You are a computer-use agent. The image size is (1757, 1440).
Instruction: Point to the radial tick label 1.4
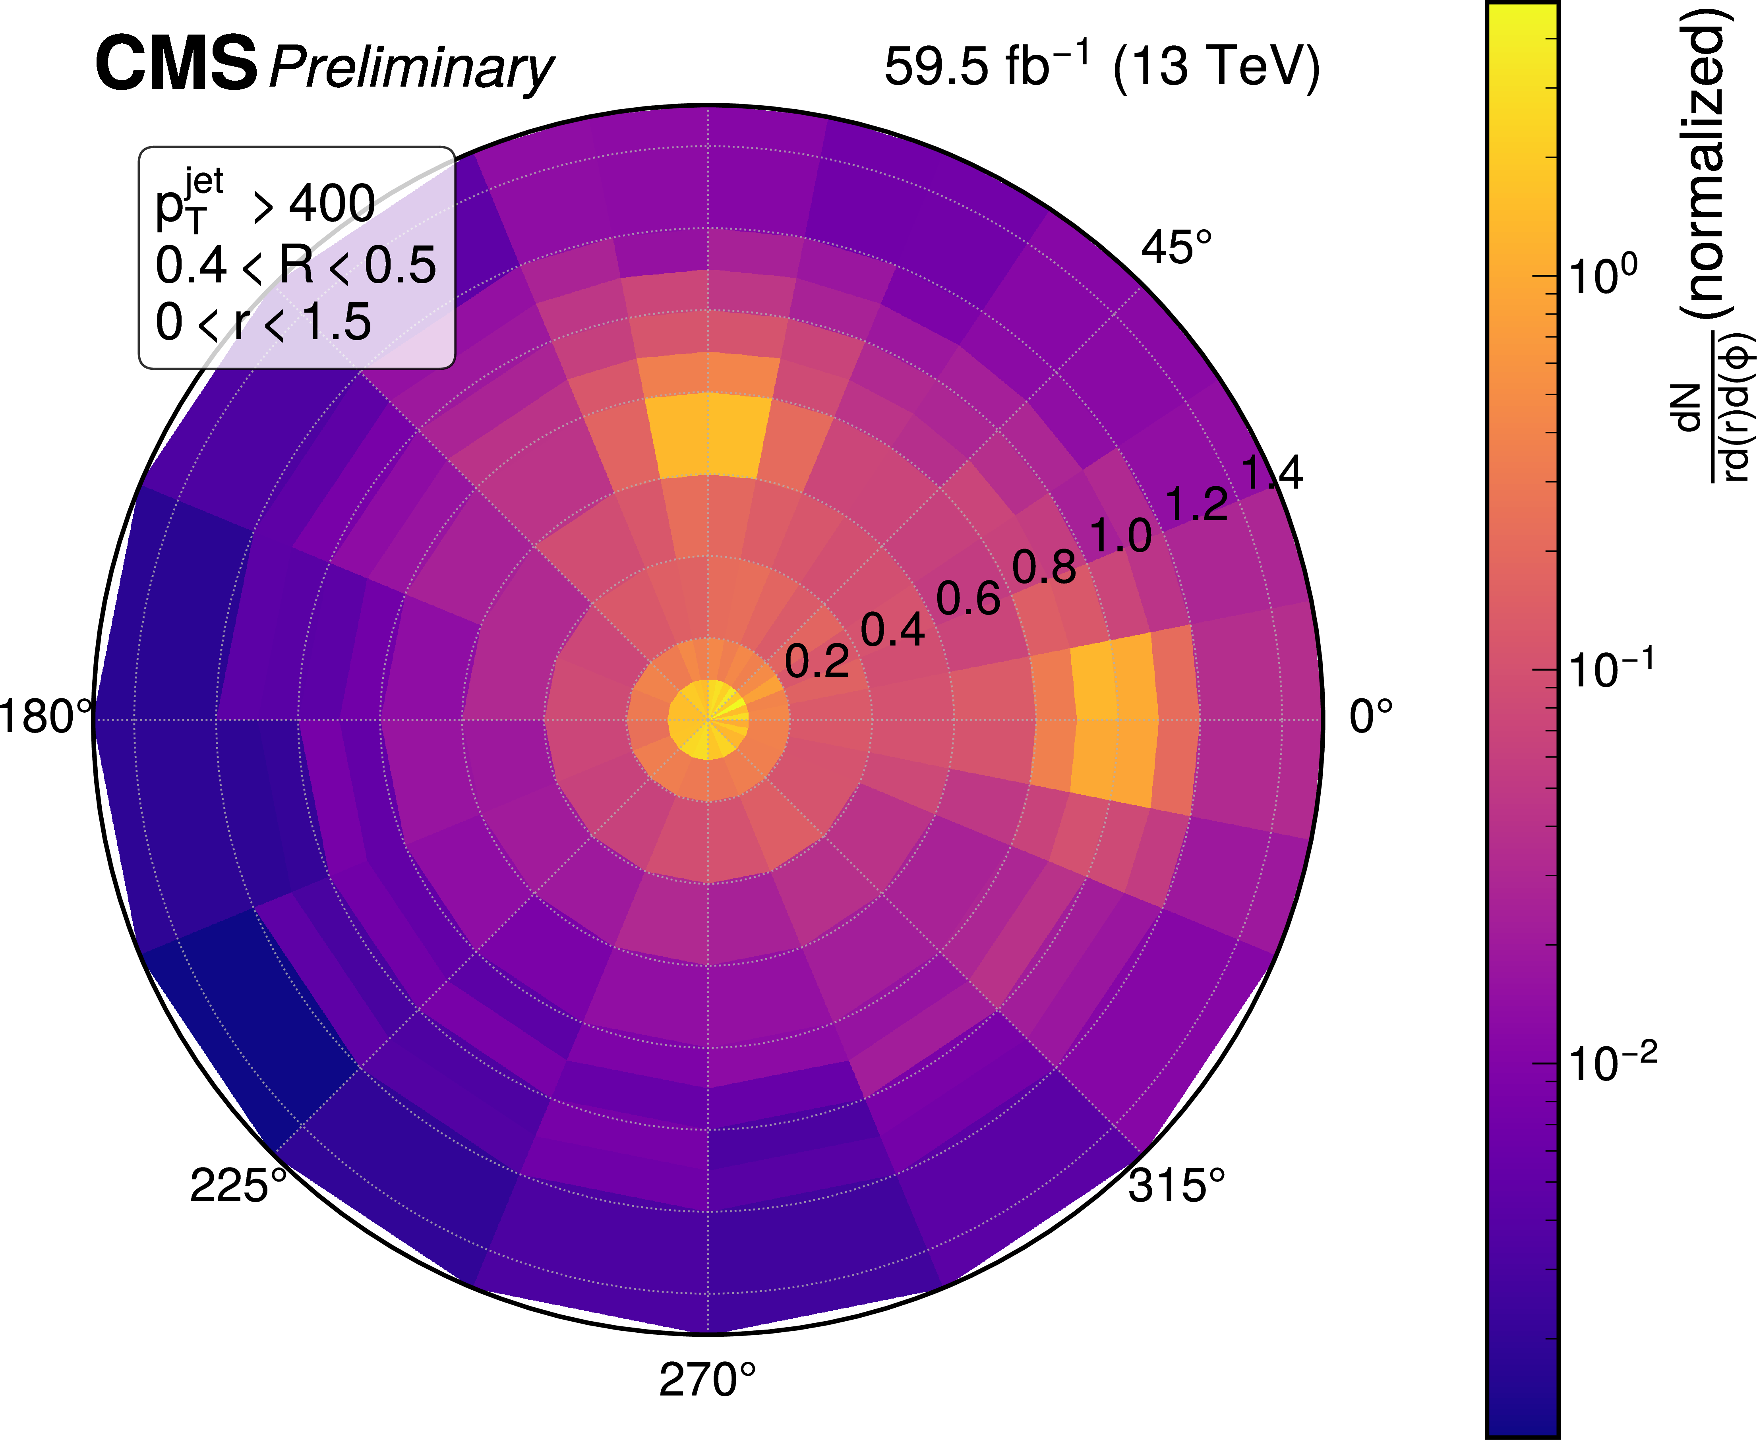point(1272,473)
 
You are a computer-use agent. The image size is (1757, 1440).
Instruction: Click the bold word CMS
point(177,64)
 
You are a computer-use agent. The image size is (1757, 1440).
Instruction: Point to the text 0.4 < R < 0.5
point(295,265)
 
